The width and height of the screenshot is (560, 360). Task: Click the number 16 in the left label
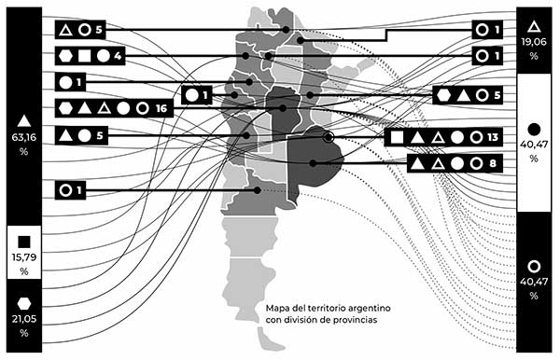162,109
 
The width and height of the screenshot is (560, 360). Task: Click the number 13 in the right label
494,137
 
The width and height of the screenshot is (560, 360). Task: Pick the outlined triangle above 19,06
534,26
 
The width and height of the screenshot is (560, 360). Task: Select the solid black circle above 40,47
534,128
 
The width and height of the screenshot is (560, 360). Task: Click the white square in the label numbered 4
84,56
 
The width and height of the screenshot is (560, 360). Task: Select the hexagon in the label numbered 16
65,109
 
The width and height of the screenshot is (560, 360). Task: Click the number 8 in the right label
493,163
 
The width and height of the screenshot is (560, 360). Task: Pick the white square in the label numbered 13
398,137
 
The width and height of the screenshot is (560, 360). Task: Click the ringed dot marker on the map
329,138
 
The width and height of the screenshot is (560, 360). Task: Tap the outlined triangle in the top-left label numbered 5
65,31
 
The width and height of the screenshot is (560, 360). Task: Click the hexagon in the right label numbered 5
443,95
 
